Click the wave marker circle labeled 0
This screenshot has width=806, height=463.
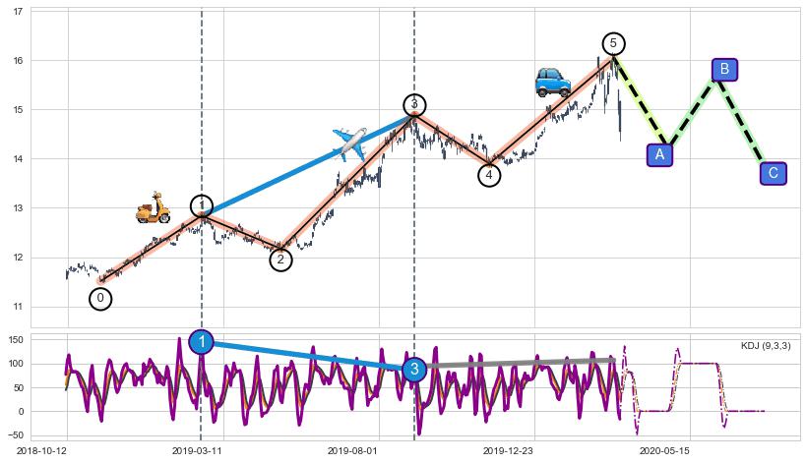99,298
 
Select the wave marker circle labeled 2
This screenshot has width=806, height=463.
280,260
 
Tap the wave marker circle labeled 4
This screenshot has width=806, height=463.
489,175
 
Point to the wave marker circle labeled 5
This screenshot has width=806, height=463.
613,43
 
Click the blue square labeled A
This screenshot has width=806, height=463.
660,154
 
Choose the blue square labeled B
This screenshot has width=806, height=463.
724,69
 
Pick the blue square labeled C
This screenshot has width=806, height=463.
773,174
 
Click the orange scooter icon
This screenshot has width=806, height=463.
153,208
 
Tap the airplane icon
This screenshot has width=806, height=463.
349,144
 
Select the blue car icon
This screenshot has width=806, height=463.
553,82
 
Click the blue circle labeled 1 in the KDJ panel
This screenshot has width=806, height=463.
202,342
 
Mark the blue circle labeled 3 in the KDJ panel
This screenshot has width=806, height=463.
414,370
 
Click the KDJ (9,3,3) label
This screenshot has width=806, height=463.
765,346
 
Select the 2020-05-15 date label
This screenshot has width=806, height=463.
661,450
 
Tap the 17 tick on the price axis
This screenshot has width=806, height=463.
17,12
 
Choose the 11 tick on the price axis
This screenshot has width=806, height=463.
17,307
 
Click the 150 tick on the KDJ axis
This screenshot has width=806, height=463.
15,339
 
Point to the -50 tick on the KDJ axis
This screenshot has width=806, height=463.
15,434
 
